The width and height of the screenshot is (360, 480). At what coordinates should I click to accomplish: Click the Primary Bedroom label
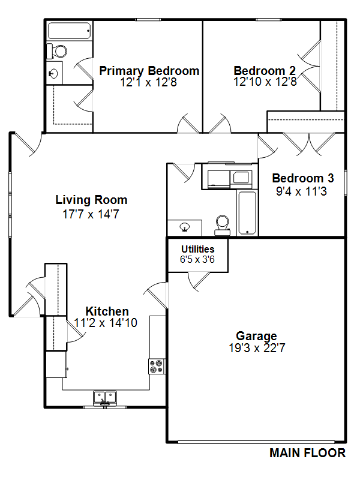149,71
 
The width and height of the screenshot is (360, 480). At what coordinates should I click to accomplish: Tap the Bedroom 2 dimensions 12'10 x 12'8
265,82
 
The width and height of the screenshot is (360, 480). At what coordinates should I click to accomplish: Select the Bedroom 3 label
303,178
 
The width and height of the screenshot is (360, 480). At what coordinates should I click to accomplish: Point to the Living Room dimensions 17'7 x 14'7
91,214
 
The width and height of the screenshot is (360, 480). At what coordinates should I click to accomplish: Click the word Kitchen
107,311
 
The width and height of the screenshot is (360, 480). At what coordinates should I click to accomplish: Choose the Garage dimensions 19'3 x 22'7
257,348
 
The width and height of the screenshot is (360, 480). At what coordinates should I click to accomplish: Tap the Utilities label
198,249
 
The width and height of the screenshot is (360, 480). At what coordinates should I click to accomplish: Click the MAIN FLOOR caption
307,453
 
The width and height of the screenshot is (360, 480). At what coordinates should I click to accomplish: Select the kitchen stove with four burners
157,366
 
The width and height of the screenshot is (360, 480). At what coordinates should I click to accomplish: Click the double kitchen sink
104,398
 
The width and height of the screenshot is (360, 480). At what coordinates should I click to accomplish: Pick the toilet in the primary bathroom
56,51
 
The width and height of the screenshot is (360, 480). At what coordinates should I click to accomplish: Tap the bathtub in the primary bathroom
70,31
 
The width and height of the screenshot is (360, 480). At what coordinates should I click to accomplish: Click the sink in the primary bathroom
54,73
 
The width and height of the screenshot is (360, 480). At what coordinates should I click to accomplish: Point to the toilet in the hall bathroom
223,226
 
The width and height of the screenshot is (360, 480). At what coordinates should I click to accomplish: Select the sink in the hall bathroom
185,227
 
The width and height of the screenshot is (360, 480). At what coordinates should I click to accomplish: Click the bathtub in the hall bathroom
247,213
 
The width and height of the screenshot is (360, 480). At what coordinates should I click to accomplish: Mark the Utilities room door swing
199,281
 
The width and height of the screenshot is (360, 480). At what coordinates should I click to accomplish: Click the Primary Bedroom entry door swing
188,124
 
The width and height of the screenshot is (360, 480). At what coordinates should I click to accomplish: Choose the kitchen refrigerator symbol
56,365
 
